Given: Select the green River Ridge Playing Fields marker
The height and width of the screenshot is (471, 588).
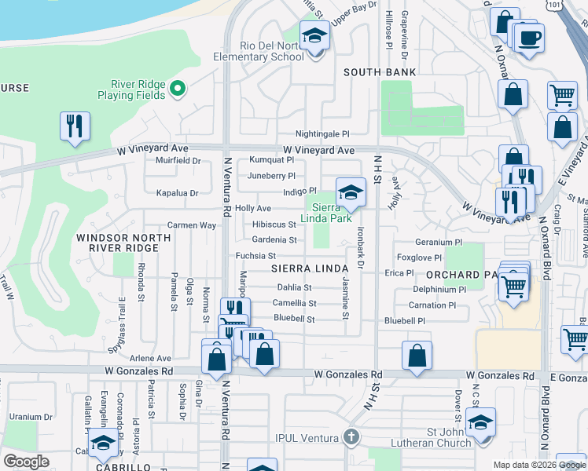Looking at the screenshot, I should point(178,88).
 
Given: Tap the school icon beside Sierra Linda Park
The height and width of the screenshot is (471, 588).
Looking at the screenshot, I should point(351,192).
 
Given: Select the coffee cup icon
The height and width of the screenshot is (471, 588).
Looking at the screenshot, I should point(530,37).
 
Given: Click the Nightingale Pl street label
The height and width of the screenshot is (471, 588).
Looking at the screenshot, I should point(322,134).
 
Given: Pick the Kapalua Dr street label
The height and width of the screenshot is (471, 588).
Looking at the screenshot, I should point(177,192).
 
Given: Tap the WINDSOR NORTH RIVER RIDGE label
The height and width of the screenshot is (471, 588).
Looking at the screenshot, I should point(117,243).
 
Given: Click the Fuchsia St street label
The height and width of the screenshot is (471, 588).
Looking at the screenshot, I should point(255,256).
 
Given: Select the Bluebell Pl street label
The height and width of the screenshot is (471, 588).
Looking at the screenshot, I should point(404,321).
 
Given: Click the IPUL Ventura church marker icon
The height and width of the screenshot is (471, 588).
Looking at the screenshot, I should point(351,436).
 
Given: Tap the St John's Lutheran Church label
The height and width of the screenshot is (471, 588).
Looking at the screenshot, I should point(437,437).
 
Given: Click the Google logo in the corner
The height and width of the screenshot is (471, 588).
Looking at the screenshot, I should point(26,462).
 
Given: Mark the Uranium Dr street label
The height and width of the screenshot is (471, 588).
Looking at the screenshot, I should point(31,417).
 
